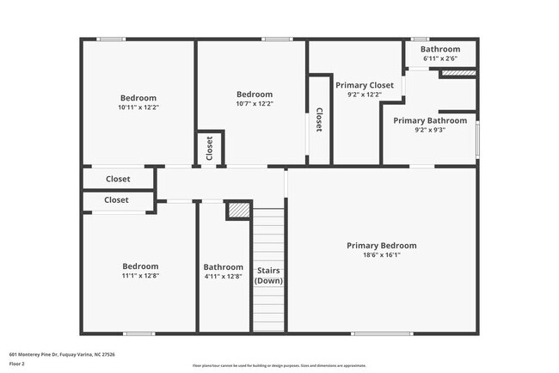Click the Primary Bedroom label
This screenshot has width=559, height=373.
click(381, 246)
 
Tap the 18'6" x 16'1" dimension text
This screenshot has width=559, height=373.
click(381, 255)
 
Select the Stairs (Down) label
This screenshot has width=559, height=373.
click(268, 276)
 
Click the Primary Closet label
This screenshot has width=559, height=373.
click(365, 85)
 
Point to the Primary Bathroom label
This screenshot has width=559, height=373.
click(430, 120)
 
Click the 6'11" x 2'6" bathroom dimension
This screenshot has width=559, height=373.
click(440, 58)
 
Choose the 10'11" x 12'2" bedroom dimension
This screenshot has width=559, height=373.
click(138, 107)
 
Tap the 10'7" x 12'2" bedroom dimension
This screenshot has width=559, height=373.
click(255, 104)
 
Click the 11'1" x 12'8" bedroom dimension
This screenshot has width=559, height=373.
click(140, 276)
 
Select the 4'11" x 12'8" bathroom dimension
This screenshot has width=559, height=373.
click(224, 276)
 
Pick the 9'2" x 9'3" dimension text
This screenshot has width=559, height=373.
click(430, 131)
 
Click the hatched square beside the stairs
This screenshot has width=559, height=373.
click(237, 211)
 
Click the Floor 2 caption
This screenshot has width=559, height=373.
click(17, 363)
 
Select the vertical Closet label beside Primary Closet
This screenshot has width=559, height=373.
click(319, 119)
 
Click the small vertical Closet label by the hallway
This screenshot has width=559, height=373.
click(210, 148)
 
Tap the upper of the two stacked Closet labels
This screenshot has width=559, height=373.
click(117, 179)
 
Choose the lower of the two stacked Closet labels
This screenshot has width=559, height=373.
click(116, 200)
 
